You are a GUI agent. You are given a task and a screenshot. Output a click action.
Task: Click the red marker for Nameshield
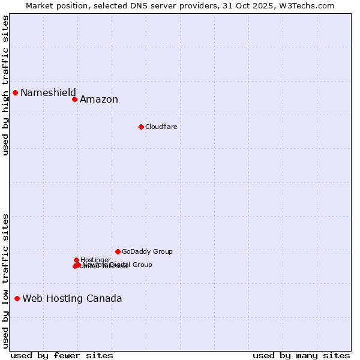coord(16,92)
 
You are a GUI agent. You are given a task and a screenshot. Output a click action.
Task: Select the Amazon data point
coord(75,99)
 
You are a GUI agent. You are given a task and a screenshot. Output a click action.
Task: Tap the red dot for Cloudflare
coord(141,127)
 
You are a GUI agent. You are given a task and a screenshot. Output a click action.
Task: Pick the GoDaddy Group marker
coord(118,251)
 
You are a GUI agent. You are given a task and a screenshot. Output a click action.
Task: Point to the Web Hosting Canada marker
coord(17,298)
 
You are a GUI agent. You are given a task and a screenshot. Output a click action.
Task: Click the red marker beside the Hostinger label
coord(76,260)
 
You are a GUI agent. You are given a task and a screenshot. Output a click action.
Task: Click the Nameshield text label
coord(48,92)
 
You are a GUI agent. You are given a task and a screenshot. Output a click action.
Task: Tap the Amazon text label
coord(99,100)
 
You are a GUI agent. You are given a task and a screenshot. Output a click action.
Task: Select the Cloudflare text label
coord(161,127)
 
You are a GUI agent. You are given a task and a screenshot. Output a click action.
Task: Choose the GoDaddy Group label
coord(147,251)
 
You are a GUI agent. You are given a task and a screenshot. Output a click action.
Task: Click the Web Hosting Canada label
coord(72,299)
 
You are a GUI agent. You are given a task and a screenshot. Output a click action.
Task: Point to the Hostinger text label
coord(96,260)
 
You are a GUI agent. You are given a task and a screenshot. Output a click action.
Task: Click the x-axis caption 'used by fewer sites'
coord(62,355)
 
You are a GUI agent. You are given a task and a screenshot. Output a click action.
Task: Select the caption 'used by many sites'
coord(301,355)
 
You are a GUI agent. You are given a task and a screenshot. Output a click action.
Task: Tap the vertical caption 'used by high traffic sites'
coord(5,85)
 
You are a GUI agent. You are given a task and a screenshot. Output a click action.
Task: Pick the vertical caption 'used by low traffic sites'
coord(5,281)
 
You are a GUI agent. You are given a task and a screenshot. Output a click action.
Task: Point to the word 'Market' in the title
coord(40,5)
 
